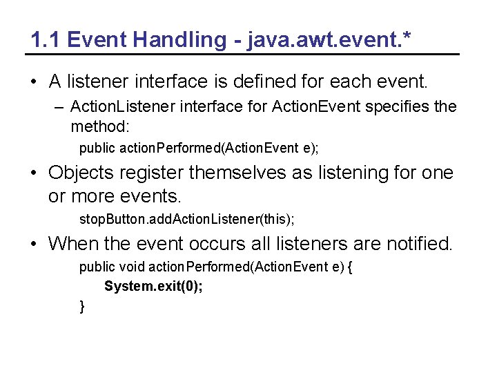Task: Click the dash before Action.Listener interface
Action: pyautogui.click(x=61, y=107)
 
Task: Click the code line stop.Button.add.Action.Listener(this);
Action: pyautogui.click(x=186, y=220)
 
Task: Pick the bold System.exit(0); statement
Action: pyautogui.click(x=153, y=286)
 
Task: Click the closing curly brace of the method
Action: pyautogui.click(x=82, y=305)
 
